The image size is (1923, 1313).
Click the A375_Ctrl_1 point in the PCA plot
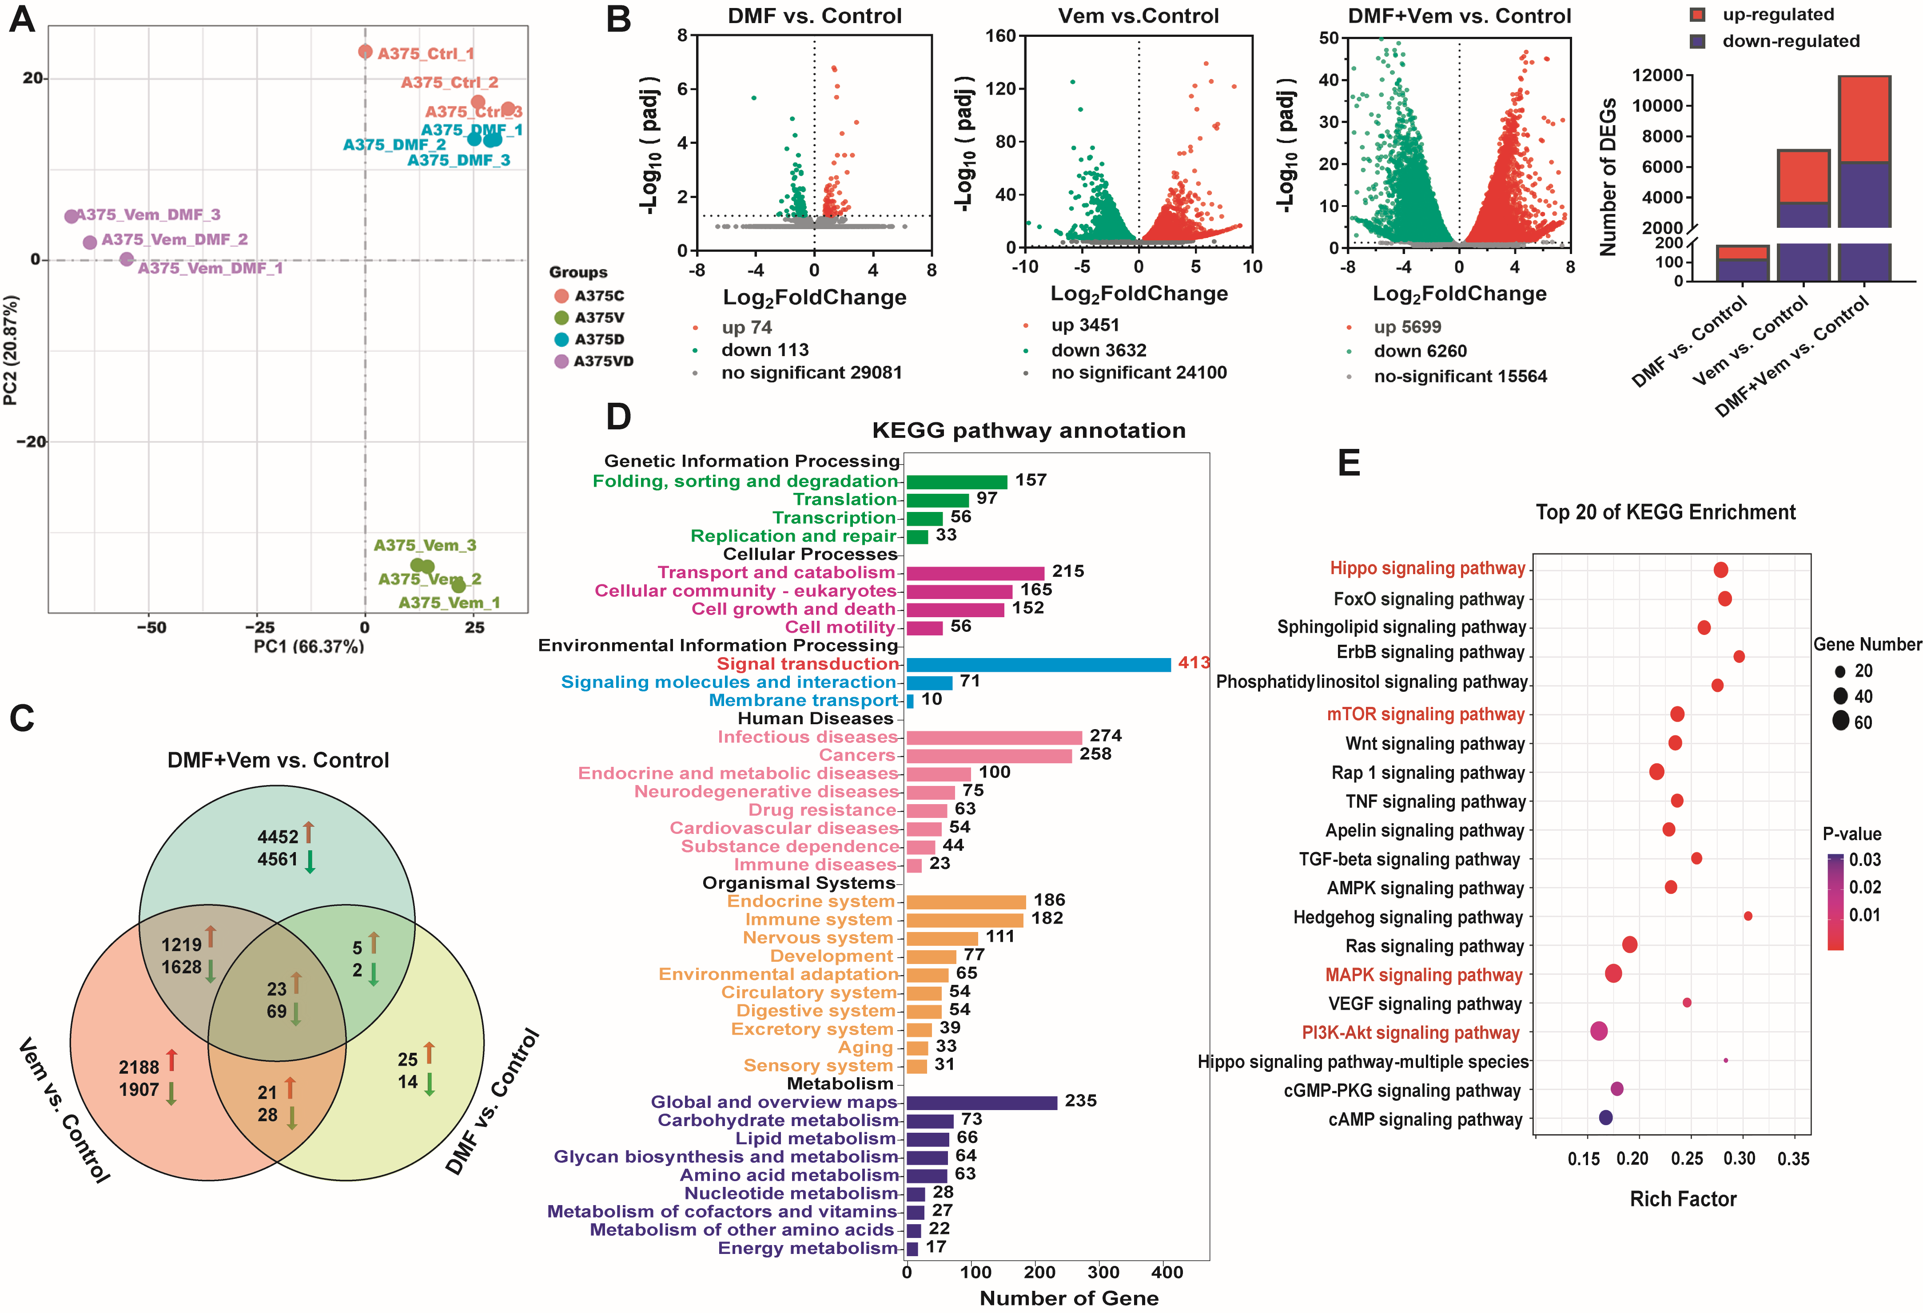(365, 52)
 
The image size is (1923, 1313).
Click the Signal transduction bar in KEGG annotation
(1039, 664)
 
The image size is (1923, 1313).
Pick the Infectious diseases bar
(994, 737)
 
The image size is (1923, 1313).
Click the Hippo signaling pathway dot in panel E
(1721, 569)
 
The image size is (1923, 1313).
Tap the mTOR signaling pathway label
(1425, 714)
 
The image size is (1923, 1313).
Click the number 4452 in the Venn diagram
(277, 837)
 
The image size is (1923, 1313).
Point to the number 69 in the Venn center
(276, 1011)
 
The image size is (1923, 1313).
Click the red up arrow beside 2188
(171, 1060)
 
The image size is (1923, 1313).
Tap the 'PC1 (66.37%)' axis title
(309, 646)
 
